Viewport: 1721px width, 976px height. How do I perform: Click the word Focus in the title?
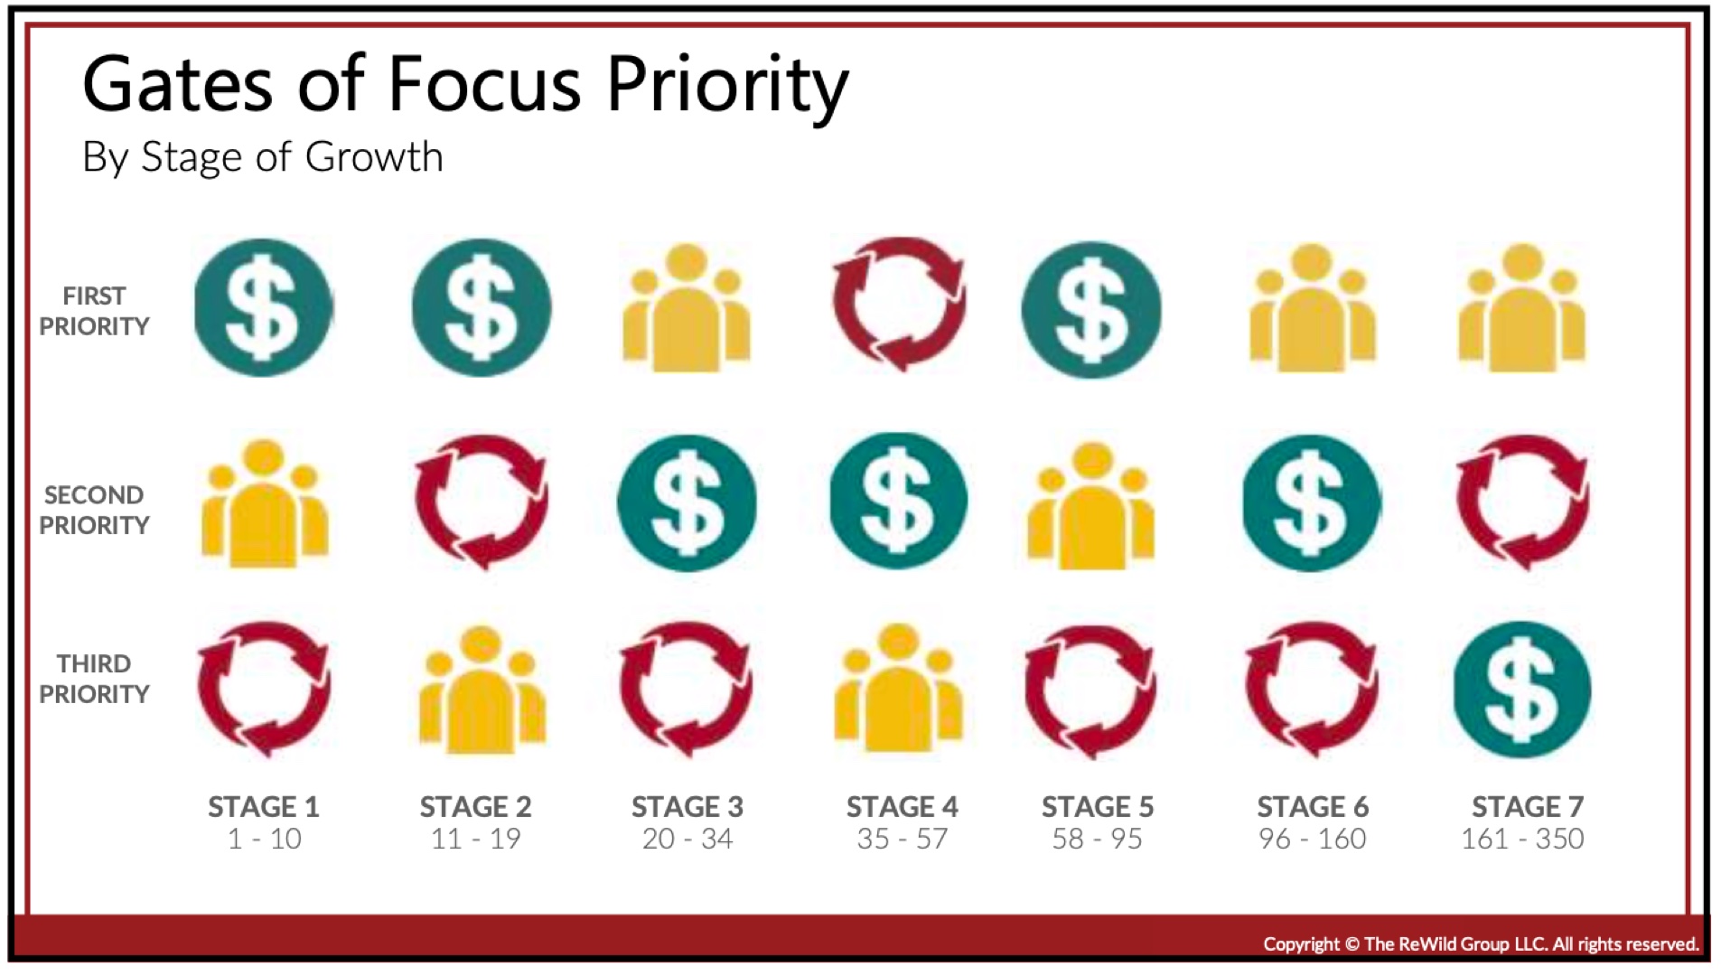[x=484, y=84]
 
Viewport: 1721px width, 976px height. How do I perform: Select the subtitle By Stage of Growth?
[x=262, y=157]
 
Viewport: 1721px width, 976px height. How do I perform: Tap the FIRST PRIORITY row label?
[x=94, y=311]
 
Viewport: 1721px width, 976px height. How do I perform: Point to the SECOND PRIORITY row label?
[x=94, y=510]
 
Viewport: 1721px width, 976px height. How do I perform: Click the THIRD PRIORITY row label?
[x=94, y=679]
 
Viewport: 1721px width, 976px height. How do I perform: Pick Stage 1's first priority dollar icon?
[x=263, y=307]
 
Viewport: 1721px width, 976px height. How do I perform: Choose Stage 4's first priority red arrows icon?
[x=898, y=304]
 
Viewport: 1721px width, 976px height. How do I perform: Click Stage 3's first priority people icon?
[x=687, y=307]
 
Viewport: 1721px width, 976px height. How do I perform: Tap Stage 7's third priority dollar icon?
[x=1522, y=690]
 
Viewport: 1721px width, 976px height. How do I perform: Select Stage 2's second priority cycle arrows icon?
[x=481, y=502]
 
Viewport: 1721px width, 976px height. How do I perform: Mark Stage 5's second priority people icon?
[x=1091, y=506]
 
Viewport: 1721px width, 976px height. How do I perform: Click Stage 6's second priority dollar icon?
[x=1312, y=503]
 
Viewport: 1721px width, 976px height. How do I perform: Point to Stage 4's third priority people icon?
[x=898, y=688]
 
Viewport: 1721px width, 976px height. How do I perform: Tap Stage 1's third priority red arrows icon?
[x=264, y=690]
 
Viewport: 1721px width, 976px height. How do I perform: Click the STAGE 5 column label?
[x=1098, y=806]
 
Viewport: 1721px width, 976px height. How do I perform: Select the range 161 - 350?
[x=1522, y=839]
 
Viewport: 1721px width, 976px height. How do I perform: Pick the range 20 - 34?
[x=687, y=839]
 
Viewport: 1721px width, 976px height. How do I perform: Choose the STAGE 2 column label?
[x=475, y=806]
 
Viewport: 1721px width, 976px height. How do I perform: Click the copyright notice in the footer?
[x=1481, y=944]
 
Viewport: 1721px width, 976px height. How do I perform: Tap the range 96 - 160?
[x=1312, y=839]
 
